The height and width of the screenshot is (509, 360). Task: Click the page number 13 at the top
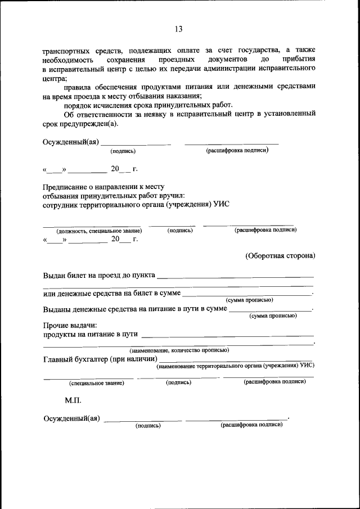pyautogui.click(x=179, y=29)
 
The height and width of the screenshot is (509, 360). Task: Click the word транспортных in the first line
pyautogui.click(x=66, y=50)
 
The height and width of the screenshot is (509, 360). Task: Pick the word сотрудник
pyautogui.click(x=62, y=204)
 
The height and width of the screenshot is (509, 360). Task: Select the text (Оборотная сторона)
pyautogui.click(x=280, y=255)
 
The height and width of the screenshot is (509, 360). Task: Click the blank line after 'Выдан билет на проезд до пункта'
pyautogui.click(x=236, y=277)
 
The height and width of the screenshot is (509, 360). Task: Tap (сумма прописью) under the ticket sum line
pyautogui.click(x=249, y=300)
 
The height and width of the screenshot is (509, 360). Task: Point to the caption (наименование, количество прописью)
pyautogui.click(x=179, y=350)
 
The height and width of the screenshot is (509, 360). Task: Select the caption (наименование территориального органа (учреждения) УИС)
pyautogui.click(x=235, y=365)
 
